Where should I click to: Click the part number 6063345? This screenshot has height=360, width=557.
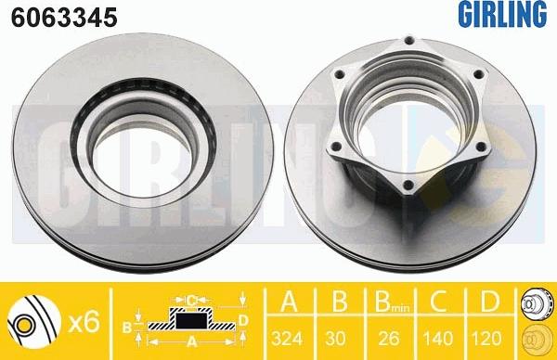[64, 18]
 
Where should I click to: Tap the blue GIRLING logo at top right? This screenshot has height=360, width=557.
[502, 14]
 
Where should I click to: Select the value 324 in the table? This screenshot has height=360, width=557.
[287, 338]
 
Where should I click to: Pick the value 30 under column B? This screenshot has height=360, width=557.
[335, 338]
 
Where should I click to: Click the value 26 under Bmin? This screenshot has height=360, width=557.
[389, 338]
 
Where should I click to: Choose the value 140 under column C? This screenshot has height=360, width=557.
[438, 338]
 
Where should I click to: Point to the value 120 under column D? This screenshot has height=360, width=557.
[486, 338]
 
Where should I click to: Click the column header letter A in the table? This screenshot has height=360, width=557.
[289, 301]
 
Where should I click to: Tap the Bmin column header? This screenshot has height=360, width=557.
[392, 302]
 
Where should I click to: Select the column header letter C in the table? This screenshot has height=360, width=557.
[438, 301]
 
